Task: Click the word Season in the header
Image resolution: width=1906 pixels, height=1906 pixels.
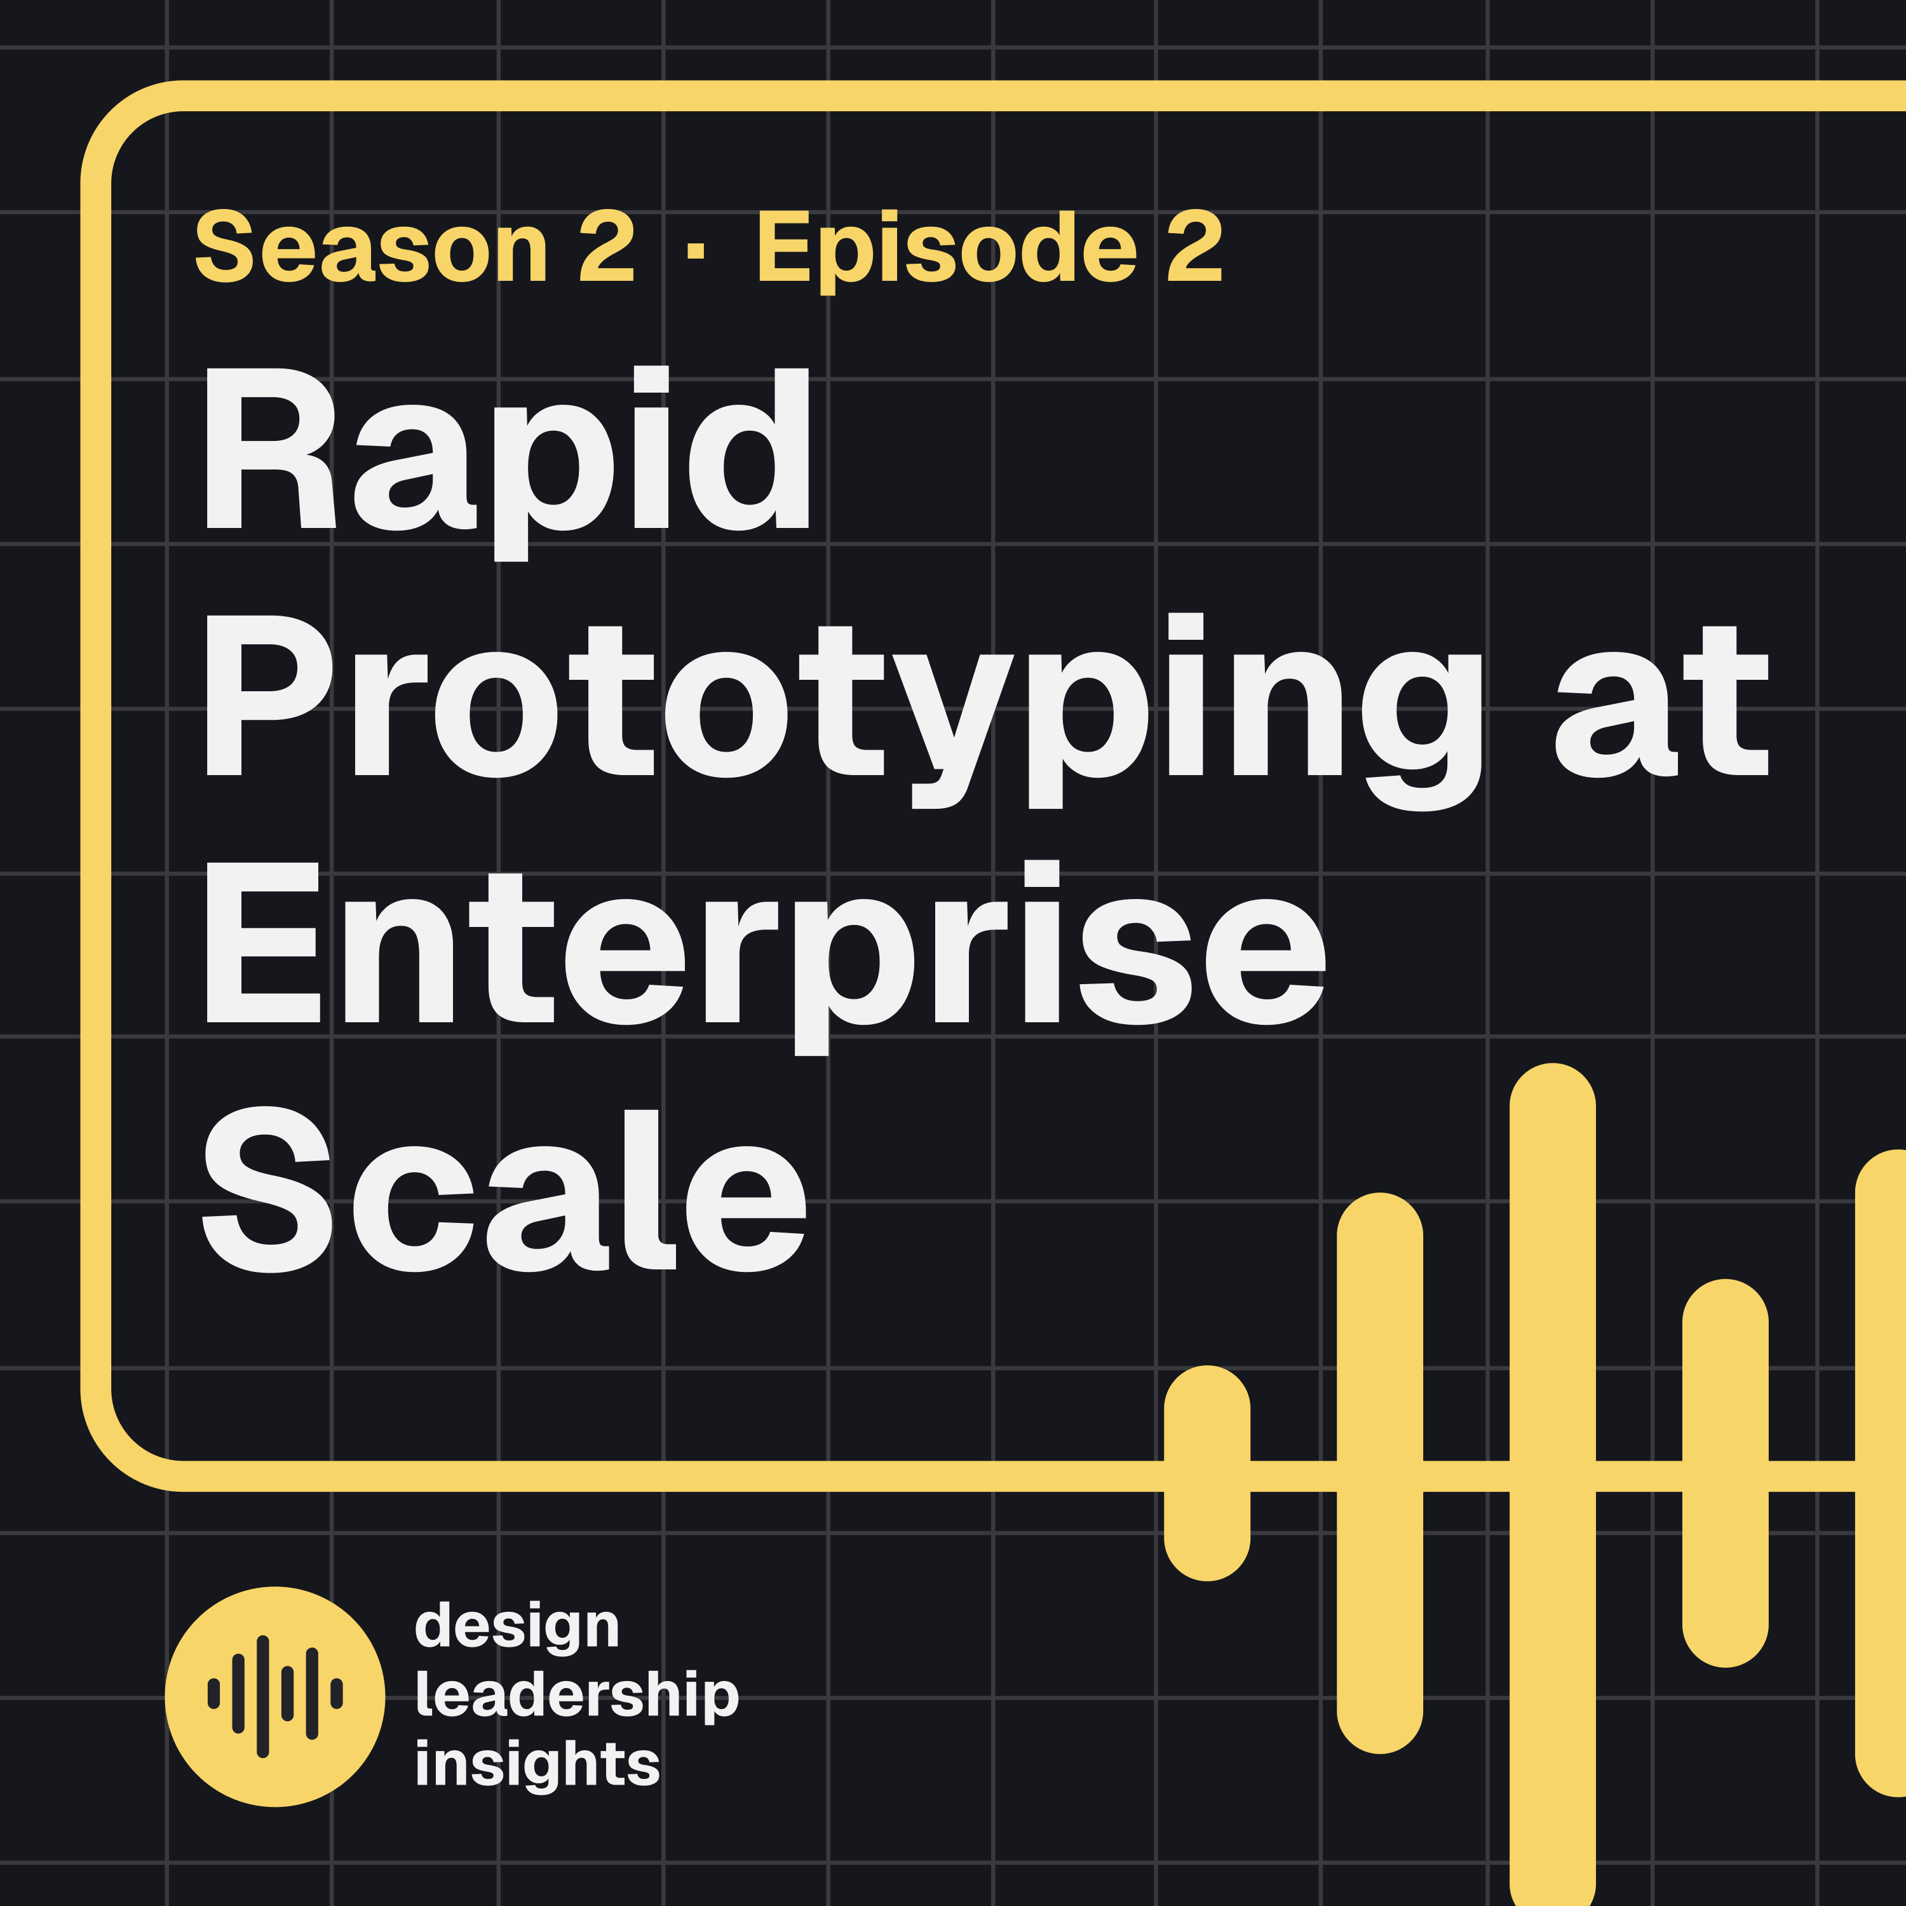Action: tap(371, 248)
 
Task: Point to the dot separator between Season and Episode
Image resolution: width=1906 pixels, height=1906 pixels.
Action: tap(696, 250)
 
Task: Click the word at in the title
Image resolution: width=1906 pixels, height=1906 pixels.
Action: tap(1661, 703)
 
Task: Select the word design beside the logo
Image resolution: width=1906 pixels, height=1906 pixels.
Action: tap(517, 1628)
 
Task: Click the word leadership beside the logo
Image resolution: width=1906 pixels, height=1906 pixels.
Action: tap(577, 1696)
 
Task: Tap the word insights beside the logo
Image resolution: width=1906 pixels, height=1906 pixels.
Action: tap(537, 1764)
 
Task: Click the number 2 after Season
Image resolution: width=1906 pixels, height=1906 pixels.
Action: tap(605, 248)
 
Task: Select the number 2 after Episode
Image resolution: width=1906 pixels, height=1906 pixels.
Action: tap(1194, 248)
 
